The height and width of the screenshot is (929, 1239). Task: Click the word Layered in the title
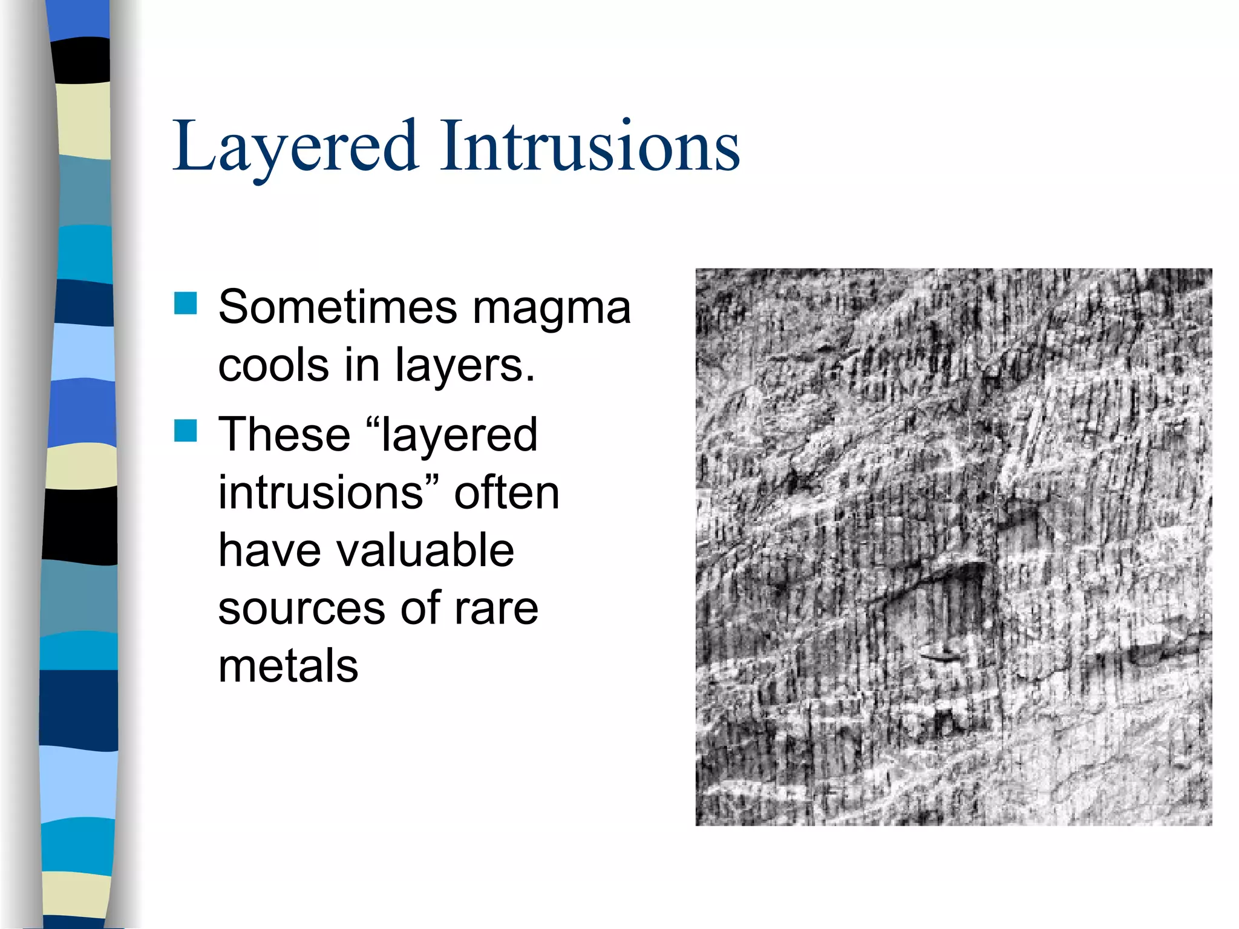295,147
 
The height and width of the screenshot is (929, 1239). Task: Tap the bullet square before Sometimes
186,303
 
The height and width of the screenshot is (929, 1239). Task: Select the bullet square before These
186,431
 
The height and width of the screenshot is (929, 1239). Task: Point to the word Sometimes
337,307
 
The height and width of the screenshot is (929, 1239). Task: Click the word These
284,434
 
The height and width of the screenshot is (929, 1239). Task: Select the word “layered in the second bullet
452,435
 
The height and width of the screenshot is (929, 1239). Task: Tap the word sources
301,608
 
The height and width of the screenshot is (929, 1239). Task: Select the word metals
288,666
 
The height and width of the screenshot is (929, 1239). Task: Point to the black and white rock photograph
953,547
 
